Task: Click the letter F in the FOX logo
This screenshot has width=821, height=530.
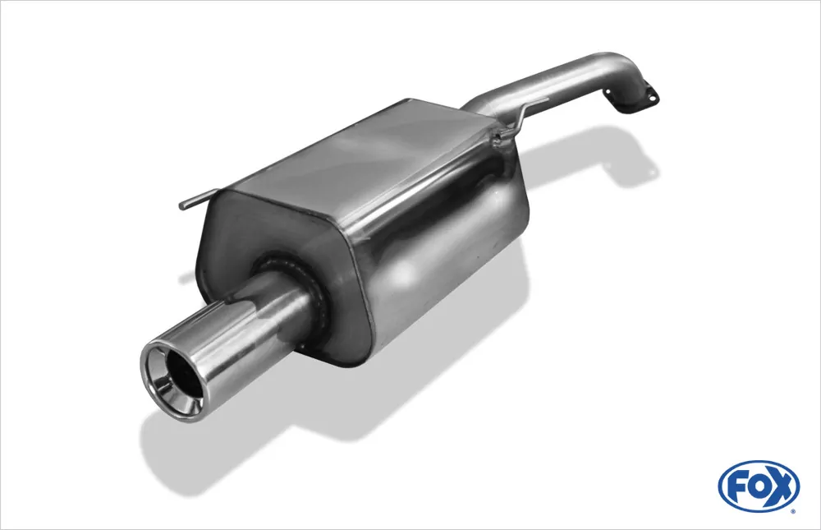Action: tap(739, 487)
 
